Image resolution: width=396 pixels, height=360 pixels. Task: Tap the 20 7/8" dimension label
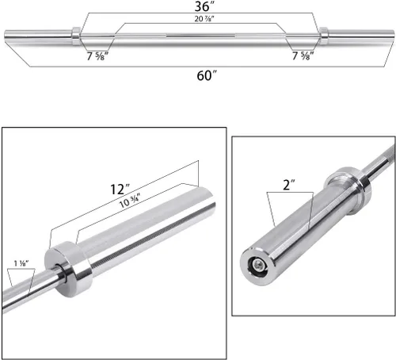coord(204,19)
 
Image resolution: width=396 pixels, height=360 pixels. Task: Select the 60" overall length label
coord(207,75)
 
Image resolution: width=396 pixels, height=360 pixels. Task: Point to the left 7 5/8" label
coord(97,56)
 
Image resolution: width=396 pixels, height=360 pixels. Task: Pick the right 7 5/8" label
coord(303,56)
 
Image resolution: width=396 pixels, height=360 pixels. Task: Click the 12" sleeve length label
coord(120,190)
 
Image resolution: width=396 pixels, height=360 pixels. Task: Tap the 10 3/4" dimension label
coord(130,201)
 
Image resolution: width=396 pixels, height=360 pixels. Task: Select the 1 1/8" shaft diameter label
coord(21,263)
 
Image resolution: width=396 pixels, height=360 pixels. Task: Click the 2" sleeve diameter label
coord(288,185)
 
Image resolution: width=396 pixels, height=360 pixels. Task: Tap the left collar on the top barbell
coord(76,36)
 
